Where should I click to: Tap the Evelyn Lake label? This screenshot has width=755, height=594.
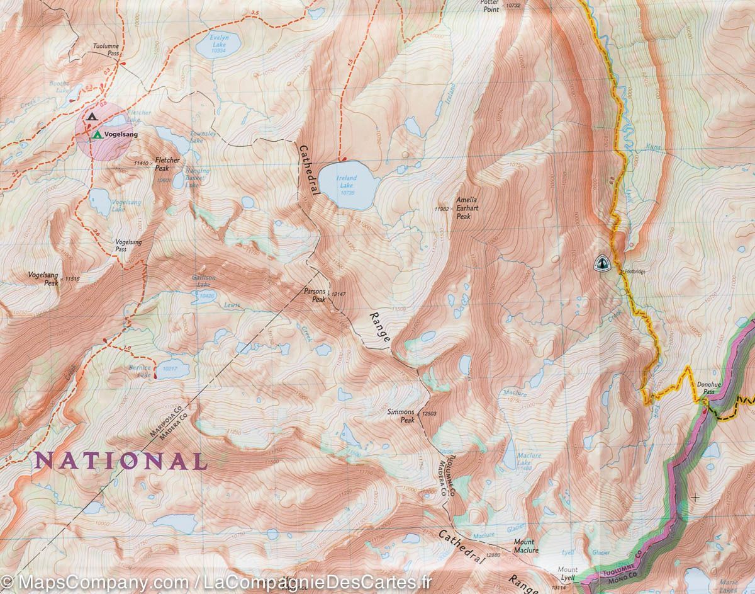(x=218, y=47)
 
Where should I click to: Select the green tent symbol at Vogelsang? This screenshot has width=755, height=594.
(x=97, y=135)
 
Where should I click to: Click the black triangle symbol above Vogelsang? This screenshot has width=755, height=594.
(x=92, y=117)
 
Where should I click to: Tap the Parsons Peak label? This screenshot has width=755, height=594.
(x=314, y=296)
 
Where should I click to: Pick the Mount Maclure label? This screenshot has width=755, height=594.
(x=525, y=546)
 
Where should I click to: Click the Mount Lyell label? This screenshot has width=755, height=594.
(x=568, y=574)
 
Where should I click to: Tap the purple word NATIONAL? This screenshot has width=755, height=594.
(x=120, y=460)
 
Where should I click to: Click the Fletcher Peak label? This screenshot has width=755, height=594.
(x=167, y=164)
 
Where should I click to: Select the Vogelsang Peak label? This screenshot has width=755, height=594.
(x=43, y=279)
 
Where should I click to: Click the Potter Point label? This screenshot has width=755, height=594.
(x=489, y=6)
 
